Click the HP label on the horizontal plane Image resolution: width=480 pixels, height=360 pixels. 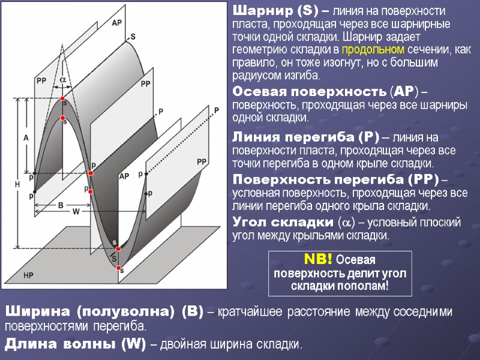coord(29,275)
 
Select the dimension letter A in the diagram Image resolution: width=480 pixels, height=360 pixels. coord(26,137)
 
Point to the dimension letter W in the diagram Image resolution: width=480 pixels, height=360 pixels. coord(76,211)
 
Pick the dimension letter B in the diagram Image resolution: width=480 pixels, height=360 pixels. coord(61,205)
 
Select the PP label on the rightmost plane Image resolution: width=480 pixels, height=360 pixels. coord(202,161)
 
